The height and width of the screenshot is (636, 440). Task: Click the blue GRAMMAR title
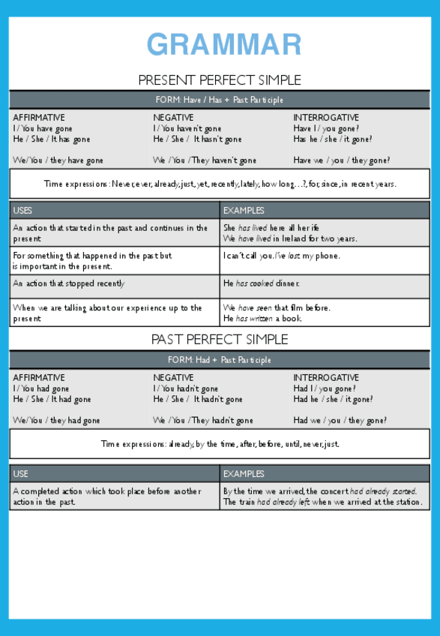point(224,45)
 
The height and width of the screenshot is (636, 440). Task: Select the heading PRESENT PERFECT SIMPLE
point(220,80)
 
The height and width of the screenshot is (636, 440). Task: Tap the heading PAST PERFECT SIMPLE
point(220,340)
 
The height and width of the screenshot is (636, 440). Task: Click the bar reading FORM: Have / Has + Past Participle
point(220,100)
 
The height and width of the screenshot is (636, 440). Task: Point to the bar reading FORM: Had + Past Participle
point(220,360)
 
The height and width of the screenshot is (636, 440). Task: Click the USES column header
point(23,211)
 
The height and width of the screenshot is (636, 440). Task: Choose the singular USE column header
point(21,474)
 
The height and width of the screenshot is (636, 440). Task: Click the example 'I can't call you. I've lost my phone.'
point(281,256)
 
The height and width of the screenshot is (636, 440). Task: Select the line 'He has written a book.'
point(262,319)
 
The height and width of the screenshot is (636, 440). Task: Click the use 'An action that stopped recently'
point(69,283)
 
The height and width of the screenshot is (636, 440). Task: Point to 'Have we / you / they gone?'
point(341,160)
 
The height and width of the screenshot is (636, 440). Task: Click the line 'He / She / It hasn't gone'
point(197,139)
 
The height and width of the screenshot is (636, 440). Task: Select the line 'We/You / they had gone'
point(56,421)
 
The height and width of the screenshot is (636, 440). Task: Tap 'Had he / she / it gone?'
point(333,400)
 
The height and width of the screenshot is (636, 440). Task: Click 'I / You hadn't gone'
point(186,389)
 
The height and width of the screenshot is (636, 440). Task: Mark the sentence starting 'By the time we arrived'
point(320,491)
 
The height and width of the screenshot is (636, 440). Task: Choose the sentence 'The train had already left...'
point(322,502)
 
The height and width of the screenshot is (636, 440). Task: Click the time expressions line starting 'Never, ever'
point(220,184)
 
